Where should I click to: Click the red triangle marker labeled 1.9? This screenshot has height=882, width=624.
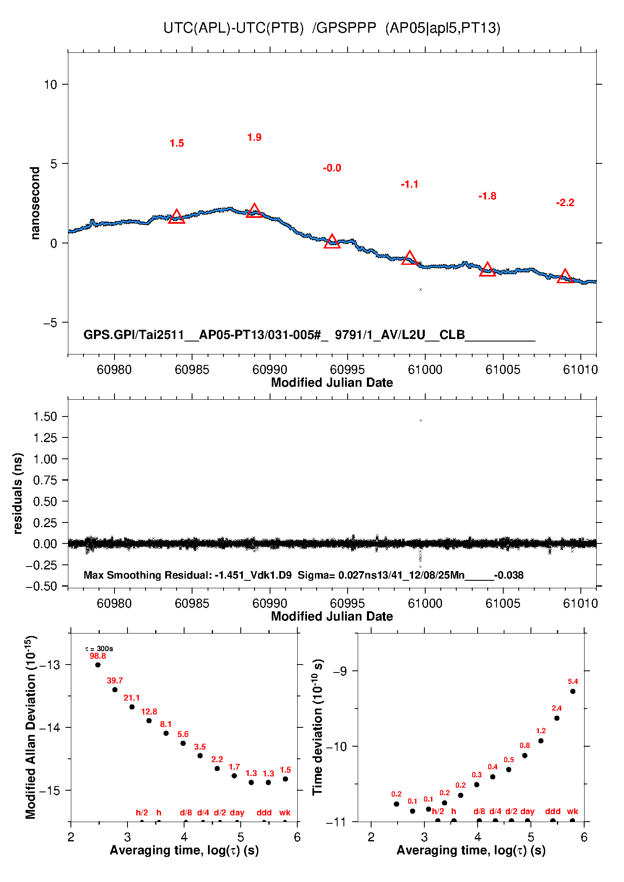click(255, 211)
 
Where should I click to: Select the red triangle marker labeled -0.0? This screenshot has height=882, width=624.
click(332, 242)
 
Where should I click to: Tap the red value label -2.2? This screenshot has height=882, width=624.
click(565, 203)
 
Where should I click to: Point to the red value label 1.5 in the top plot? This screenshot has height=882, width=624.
click(177, 143)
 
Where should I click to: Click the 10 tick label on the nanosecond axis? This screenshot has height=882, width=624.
click(50, 85)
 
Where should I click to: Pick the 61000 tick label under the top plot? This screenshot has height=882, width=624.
click(425, 370)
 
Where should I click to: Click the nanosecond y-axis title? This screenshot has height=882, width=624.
click(35, 203)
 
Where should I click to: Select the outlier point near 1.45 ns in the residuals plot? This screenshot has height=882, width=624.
click(421, 420)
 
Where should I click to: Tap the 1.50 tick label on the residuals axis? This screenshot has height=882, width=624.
click(45, 416)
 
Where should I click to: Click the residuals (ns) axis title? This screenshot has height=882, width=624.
click(18, 493)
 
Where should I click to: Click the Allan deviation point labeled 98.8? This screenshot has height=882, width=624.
click(98, 665)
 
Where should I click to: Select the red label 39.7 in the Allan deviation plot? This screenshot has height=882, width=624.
click(114, 681)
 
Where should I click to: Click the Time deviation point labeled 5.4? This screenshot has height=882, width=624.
click(572, 691)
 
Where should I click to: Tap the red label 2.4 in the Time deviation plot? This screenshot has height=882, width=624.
click(556, 708)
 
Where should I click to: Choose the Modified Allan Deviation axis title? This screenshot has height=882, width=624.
click(30, 727)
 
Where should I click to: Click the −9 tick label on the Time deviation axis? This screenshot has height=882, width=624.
click(340, 671)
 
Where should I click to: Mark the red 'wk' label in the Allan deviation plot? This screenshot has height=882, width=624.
click(285, 812)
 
